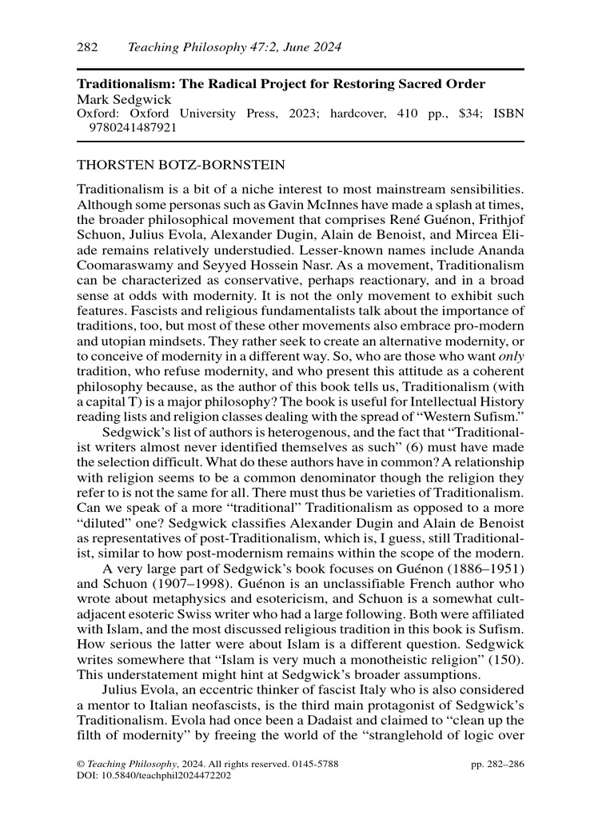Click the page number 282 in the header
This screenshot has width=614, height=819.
[x=87, y=48]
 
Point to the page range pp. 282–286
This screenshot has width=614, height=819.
[x=498, y=765]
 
